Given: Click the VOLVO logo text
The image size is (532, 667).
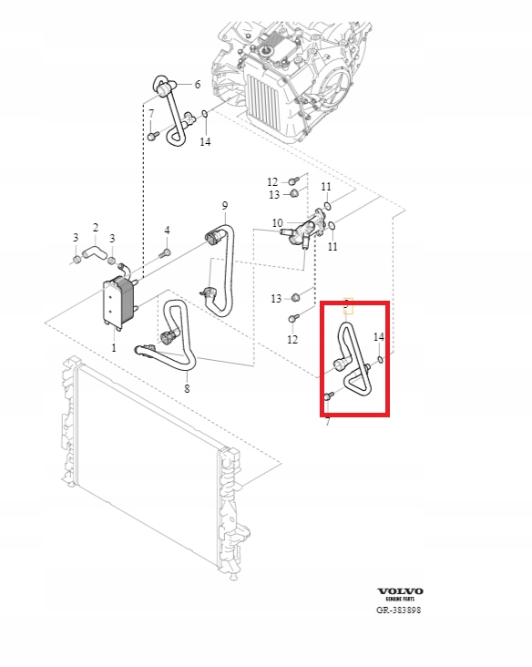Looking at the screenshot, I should [x=400, y=590].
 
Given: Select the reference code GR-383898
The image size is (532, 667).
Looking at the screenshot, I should [x=399, y=611].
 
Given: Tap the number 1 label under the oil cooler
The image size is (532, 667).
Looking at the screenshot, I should [x=114, y=347].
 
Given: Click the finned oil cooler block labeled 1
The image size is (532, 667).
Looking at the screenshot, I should [x=117, y=303].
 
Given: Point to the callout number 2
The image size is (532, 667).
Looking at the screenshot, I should [x=95, y=227].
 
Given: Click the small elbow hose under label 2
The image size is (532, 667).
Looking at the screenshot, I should [x=94, y=249].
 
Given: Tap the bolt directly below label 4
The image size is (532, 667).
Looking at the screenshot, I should [x=165, y=252].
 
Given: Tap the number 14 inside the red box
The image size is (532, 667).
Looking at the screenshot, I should [x=379, y=337].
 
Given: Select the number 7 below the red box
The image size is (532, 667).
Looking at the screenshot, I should [x=327, y=423].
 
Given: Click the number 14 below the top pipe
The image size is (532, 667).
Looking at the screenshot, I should [x=205, y=142].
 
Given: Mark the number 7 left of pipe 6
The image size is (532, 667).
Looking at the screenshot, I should [x=151, y=114].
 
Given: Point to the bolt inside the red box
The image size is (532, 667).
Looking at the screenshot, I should [x=329, y=396].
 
